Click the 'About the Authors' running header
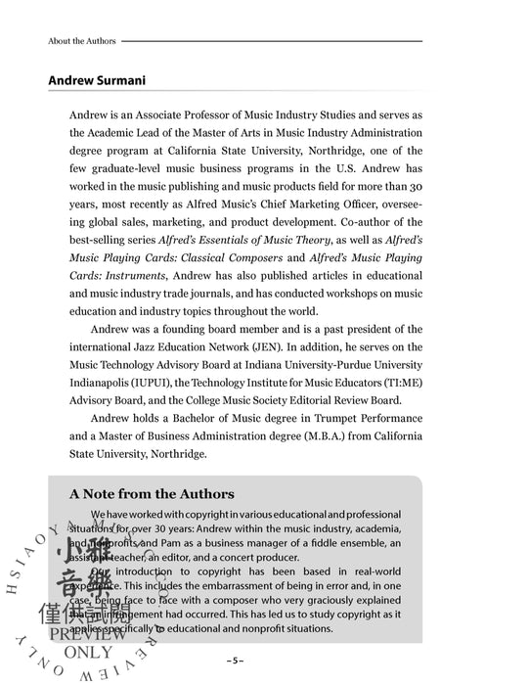82,41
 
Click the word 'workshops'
342,294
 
